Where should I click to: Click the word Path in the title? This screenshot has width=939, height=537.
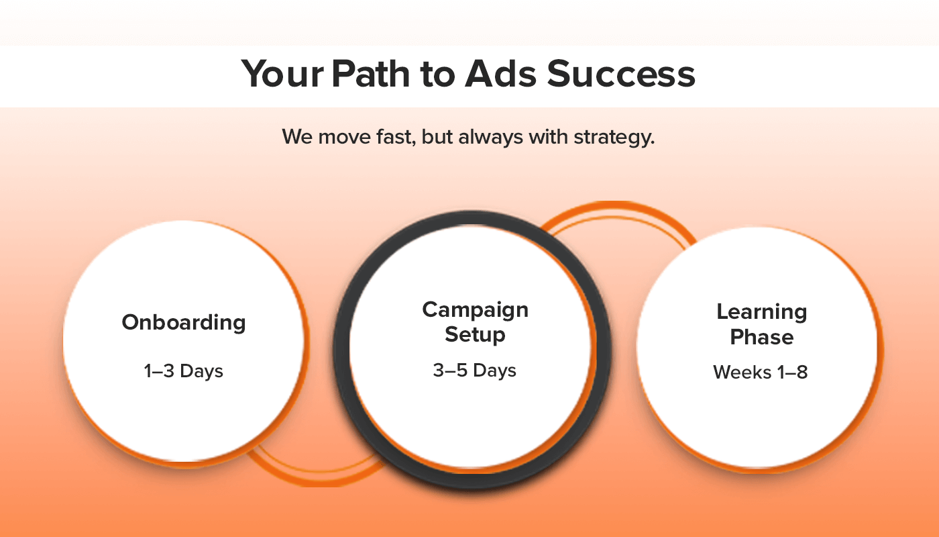tap(370, 74)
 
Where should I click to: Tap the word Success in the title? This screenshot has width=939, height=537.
tap(621, 74)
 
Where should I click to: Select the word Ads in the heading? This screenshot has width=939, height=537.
tap(500, 74)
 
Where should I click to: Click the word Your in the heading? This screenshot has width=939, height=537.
tap(282, 74)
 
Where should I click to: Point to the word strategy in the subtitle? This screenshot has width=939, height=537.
tap(614, 138)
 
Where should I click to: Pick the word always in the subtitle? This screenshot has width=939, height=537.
tap(491, 138)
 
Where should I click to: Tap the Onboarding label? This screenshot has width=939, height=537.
tap(184, 323)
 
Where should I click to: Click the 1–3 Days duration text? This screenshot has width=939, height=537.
tap(184, 371)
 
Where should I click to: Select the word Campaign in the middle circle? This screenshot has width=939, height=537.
tap(476, 310)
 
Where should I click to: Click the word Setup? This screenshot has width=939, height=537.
tap(475, 335)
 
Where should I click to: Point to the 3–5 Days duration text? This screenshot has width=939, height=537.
tap(475, 371)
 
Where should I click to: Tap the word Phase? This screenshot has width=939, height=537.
tap(762, 337)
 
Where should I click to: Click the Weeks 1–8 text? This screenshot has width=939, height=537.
tap(761, 372)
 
